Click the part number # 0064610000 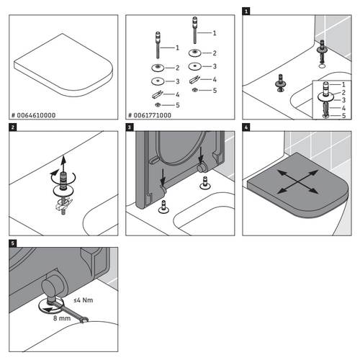[x=35, y=114]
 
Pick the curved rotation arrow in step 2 [x=51, y=175]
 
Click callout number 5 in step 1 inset [x=344, y=115]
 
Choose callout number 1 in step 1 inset [x=344, y=84]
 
